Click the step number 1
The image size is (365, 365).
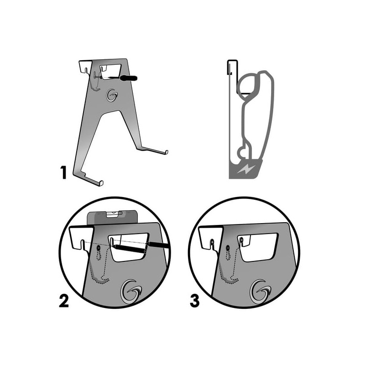click(63, 172)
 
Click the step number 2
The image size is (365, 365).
click(64, 301)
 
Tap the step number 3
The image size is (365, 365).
click(195, 301)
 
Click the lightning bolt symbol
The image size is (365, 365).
click(246, 169)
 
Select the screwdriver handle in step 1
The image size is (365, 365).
click(128, 78)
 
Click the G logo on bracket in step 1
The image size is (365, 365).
click(112, 95)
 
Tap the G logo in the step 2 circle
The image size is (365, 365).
click(131, 292)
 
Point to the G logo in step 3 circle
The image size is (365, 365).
click(261, 292)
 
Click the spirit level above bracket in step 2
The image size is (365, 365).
click(112, 217)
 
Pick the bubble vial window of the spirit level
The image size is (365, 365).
click(114, 214)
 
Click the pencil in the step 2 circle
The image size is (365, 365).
click(140, 247)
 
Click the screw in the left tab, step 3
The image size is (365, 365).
click(212, 242)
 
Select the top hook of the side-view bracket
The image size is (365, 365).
click(232, 67)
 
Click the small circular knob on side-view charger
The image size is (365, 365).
click(242, 153)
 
